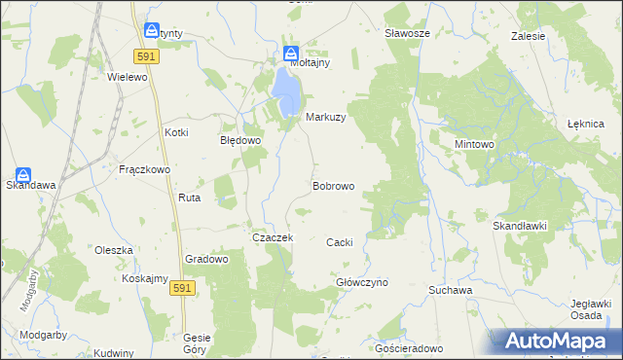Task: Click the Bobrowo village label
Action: pyautogui.click(x=333, y=185)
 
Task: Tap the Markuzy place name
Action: pyautogui.click(x=326, y=117)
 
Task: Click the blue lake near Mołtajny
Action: pyautogui.click(x=286, y=90)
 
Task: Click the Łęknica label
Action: pyautogui.click(x=586, y=125)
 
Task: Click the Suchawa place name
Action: pyautogui.click(x=451, y=290)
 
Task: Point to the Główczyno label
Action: pyautogui.click(x=362, y=282)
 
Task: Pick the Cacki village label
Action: pyautogui.click(x=339, y=241)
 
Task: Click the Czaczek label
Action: pyautogui.click(x=273, y=237)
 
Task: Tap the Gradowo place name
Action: pyautogui.click(x=206, y=259)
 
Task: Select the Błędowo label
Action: pyautogui.click(x=239, y=140)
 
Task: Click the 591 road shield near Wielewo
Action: pyautogui.click(x=148, y=57)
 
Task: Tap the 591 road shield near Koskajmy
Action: pyautogui.click(x=181, y=288)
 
